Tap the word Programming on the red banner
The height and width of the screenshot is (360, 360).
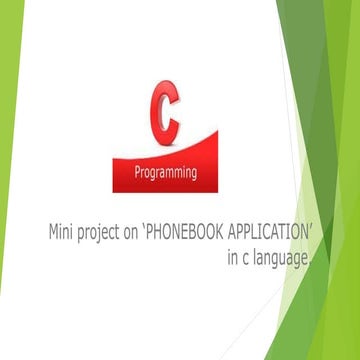tap(165, 172)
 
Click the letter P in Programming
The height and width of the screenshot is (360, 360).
tap(138, 172)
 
